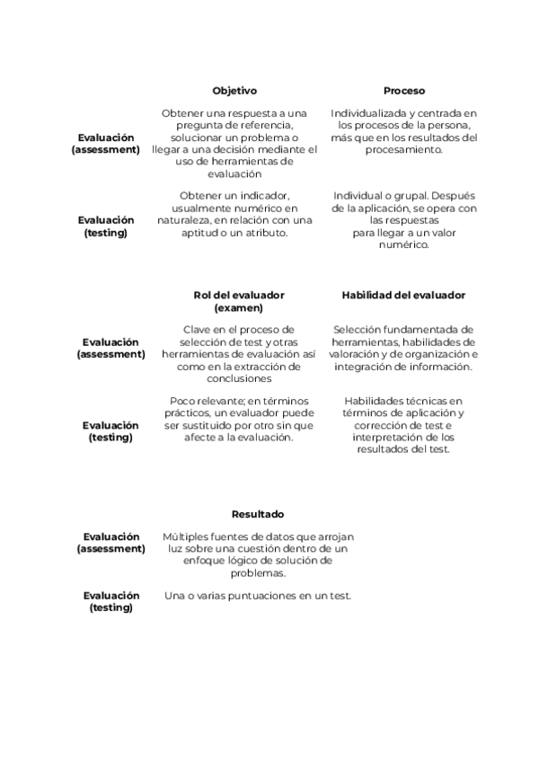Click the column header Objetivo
point(234,91)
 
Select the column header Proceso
point(404,91)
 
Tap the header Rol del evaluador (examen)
point(238,301)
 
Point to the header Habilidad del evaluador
point(404,295)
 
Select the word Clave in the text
point(199,330)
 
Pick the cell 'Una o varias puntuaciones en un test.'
point(258,596)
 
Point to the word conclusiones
point(239,378)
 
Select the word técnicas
point(429,401)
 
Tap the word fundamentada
point(430,330)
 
